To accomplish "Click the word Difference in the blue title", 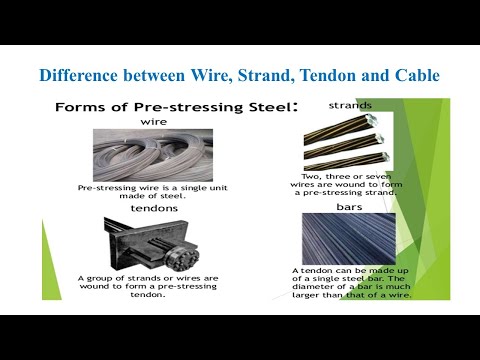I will point(78,75).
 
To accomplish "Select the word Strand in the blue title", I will point(265,75).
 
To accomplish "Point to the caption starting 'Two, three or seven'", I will point(345,187).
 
